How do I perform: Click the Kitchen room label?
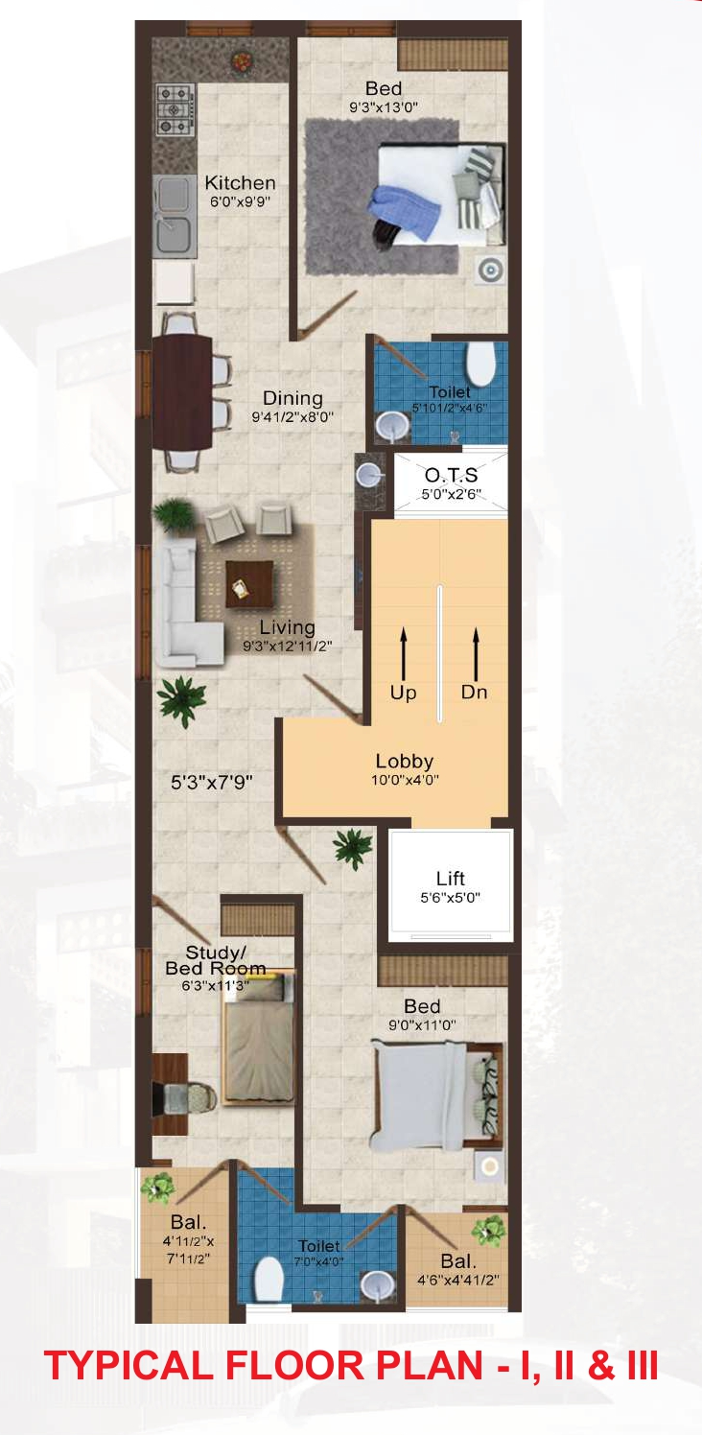(x=240, y=182)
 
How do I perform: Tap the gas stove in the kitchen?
(x=175, y=110)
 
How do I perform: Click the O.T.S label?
(x=451, y=475)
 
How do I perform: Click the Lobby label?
(x=405, y=763)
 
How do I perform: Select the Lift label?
(x=450, y=878)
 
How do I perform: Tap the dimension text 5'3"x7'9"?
(x=211, y=782)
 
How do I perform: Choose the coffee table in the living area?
(x=249, y=583)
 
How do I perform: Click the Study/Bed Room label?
(x=216, y=959)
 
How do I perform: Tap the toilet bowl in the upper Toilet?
(x=480, y=363)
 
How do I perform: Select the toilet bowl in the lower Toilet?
(x=269, y=1277)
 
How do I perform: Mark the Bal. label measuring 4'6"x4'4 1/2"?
(x=457, y=1261)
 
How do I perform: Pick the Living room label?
(x=287, y=627)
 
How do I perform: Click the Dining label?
(x=292, y=398)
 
